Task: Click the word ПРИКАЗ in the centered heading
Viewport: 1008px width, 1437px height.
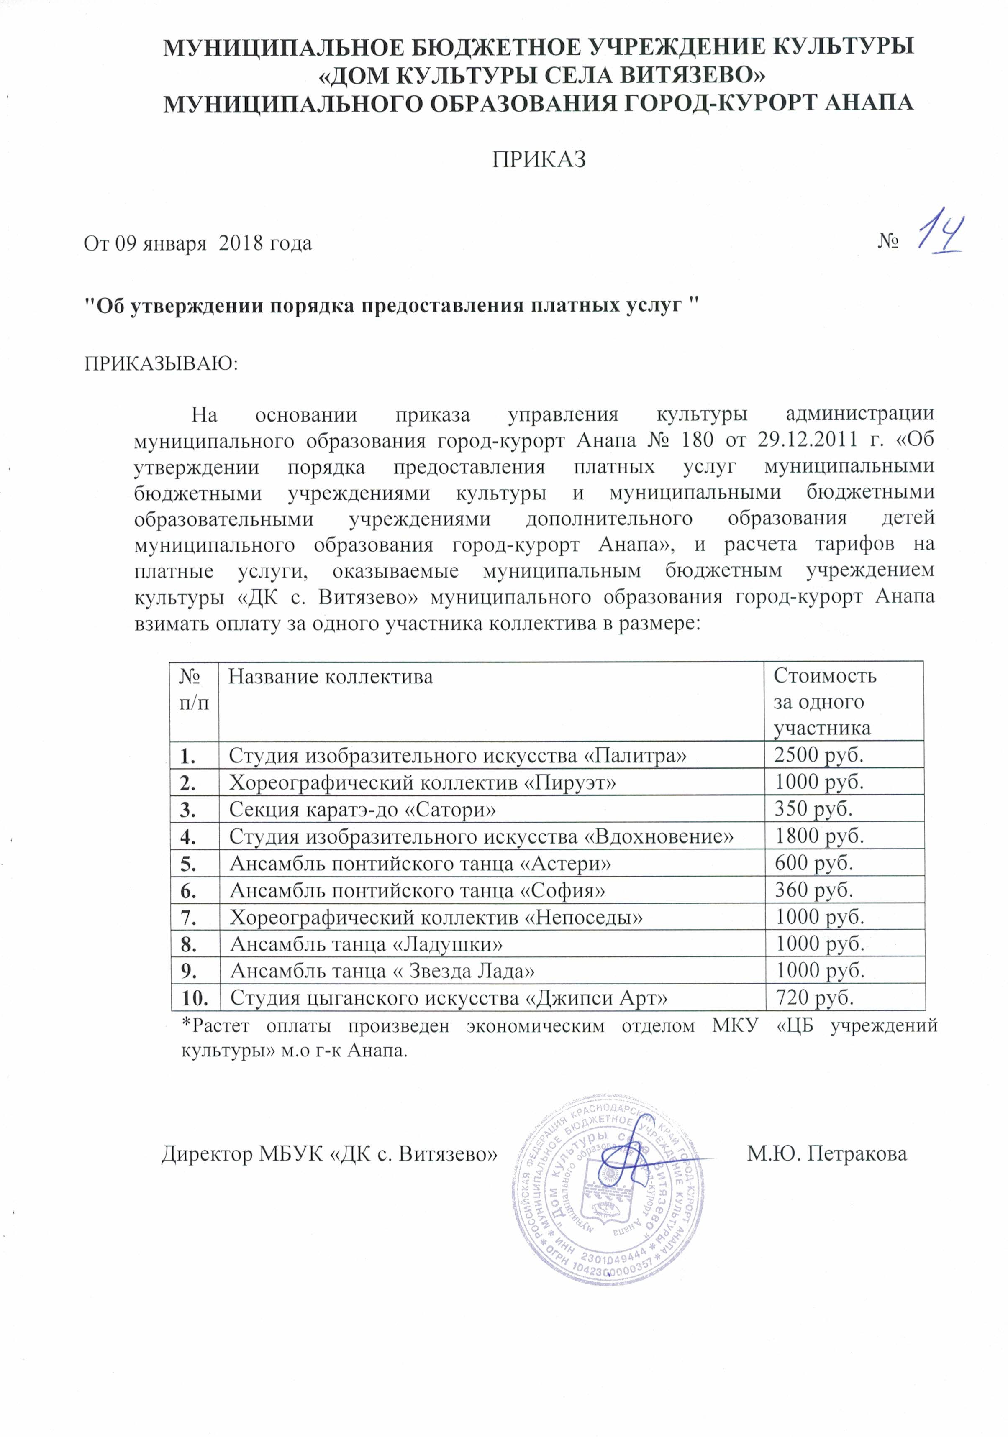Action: tap(539, 160)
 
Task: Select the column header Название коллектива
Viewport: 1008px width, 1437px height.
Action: tap(330, 677)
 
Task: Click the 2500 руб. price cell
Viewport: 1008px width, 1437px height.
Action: tap(819, 755)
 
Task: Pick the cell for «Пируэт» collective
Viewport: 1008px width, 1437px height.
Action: tap(423, 782)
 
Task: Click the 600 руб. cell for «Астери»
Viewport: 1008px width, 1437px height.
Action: tap(814, 863)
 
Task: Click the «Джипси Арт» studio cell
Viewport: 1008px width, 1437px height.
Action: tap(448, 998)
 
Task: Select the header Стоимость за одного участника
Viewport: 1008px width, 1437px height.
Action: tap(825, 702)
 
